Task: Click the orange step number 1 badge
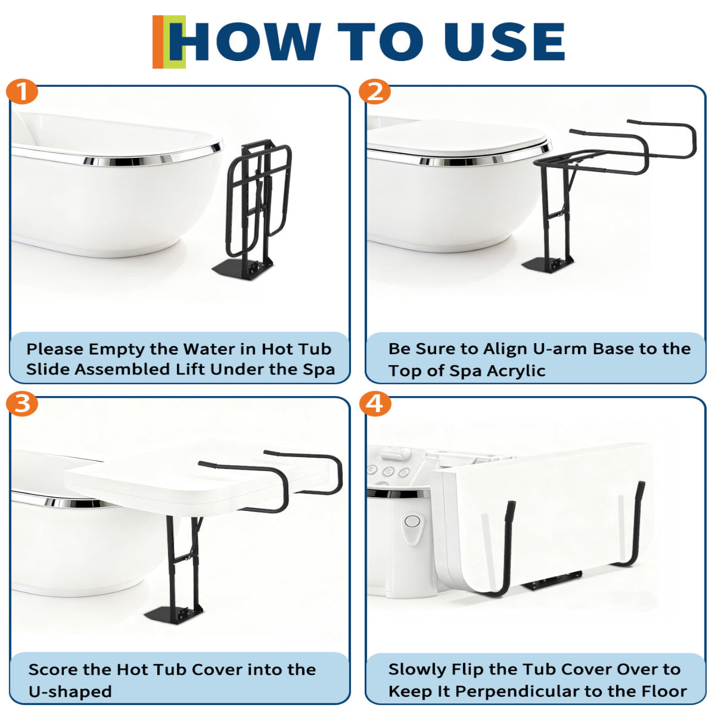click(22, 91)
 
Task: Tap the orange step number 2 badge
click(375, 91)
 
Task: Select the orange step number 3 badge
click(22, 403)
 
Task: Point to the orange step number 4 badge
click(375, 403)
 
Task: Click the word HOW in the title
click(245, 42)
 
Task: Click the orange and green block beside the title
click(169, 42)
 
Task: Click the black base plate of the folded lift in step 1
click(243, 269)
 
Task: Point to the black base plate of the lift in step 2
click(547, 264)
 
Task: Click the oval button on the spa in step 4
click(412, 521)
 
